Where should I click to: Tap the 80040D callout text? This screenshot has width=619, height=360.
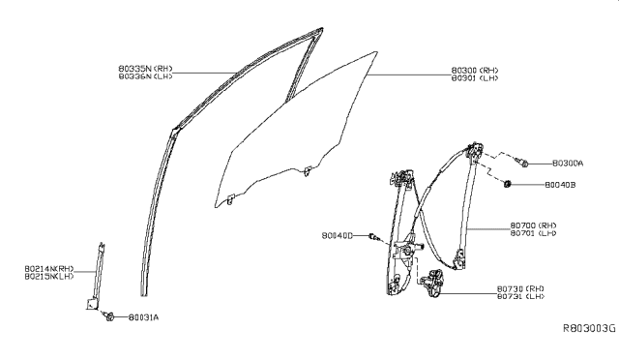pyautogui.click(x=339, y=235)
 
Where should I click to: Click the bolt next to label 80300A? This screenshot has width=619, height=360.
pyautogui.click(x=522, y=165)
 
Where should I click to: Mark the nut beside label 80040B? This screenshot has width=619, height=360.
pyautogui.click(x=508, y=184)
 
